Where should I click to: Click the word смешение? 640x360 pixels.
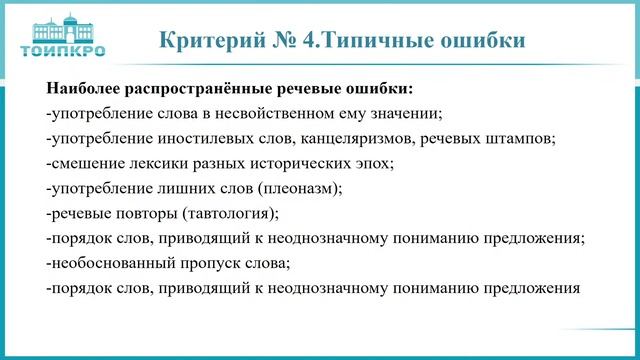(87, 162)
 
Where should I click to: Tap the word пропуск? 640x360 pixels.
(209, 264)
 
